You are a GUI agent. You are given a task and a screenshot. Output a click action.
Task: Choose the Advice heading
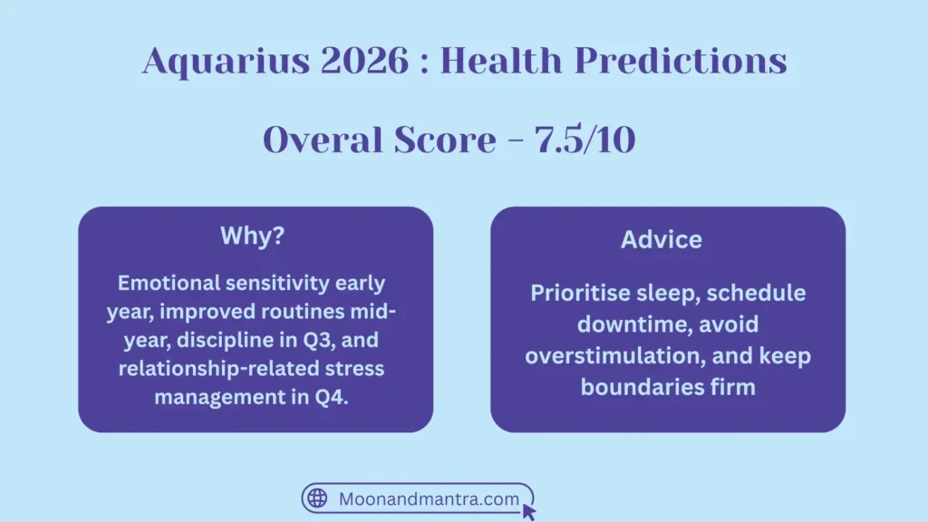[662, 239]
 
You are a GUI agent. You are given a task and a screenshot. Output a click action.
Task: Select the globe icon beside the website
[317, 498]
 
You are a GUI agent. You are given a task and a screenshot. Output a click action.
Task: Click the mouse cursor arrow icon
[529, 512]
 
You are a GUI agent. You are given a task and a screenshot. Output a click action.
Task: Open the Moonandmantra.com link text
[429, 498]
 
